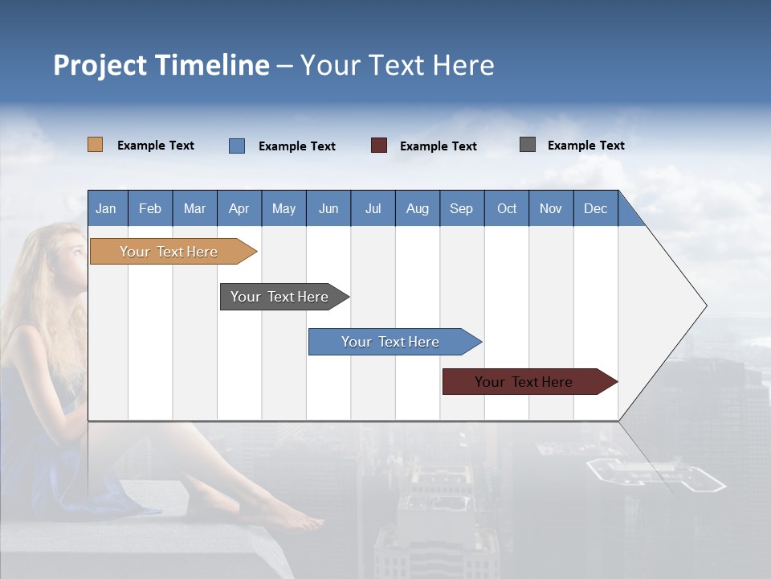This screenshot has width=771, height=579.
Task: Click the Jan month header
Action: (x=107, y=208)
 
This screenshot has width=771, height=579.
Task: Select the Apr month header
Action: (x=239, y=208)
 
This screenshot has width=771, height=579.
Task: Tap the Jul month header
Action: (x=373, y=208)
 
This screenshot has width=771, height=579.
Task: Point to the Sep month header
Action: (x=462, y=208)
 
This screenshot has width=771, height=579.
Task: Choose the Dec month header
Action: (x=595, y=208)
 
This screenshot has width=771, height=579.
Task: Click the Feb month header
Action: (x=150, y=208)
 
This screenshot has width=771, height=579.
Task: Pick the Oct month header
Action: (x=507, y=208)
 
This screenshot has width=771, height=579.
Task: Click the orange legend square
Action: (x=96, y=145)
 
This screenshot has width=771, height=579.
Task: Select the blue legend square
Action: (x=237, y=146)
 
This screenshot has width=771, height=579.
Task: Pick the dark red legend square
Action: (x=379, y=146)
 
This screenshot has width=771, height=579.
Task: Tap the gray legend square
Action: (x=528, y=145)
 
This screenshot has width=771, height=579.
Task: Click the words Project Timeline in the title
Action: (x=161, y=65)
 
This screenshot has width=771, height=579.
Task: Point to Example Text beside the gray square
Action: (x=585, y=146)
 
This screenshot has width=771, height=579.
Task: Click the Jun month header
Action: (x=328, y=208)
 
